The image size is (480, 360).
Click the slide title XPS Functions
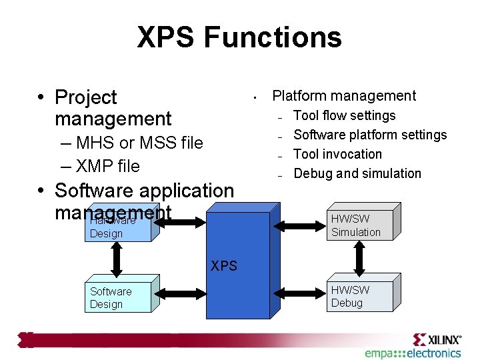(239, 37)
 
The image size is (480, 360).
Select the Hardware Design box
(117, 227)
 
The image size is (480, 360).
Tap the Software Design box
(117, 298)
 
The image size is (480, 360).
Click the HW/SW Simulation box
(360, 225)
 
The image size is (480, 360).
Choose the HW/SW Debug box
(360, 297)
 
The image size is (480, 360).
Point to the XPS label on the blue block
(224, 266)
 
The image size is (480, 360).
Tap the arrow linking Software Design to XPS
(180, 291)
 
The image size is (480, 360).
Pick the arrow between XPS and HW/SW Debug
(300, 291)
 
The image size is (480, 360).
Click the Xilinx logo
(437, 339)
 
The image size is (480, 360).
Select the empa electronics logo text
(413, 353)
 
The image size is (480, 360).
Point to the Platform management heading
(344, 96)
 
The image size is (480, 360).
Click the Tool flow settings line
(345, 115)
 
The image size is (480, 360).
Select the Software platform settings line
(370, 135)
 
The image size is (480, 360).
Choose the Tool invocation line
(338, 154)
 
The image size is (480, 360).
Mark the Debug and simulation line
(357, 173)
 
